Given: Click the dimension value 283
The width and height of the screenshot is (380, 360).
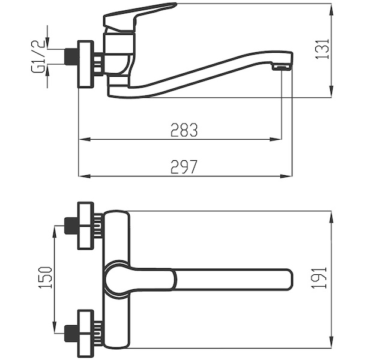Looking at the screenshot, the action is (x=184, y=130).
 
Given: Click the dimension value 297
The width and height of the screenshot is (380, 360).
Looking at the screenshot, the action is (x=184, y=167).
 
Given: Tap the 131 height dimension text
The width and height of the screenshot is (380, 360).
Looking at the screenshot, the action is (x=322, y=49).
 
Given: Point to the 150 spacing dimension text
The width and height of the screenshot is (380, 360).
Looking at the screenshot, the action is (x=45, y=278).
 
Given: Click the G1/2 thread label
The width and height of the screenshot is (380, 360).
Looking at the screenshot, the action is (x=38, y=56).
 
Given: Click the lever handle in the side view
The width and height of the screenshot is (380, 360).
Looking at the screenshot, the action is (x=139, y=17).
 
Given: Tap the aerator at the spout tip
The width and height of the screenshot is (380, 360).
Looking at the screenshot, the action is (x=282, y=67).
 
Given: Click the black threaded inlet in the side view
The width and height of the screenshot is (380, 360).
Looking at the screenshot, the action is (x=71, y=56).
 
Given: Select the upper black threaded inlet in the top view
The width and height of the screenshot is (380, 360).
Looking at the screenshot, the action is (x=71, y=226).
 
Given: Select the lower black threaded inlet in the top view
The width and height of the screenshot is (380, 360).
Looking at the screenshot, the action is (x=71, y=334).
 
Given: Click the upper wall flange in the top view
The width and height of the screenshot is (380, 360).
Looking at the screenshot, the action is (x=85, y=226).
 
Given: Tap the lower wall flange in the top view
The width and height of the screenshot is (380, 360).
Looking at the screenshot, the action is (x=85, y=334).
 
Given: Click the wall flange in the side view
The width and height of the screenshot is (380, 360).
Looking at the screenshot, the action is (x=85, y=64).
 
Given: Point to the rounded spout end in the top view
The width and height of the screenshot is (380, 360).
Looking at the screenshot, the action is (x=289, y=280).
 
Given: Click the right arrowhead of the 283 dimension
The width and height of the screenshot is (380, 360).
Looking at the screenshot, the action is (x=276, y=139).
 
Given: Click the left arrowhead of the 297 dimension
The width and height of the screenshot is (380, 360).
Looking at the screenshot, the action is (x=84, y=176).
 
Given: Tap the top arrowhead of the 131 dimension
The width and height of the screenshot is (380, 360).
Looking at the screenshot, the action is (x=331, y=9).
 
